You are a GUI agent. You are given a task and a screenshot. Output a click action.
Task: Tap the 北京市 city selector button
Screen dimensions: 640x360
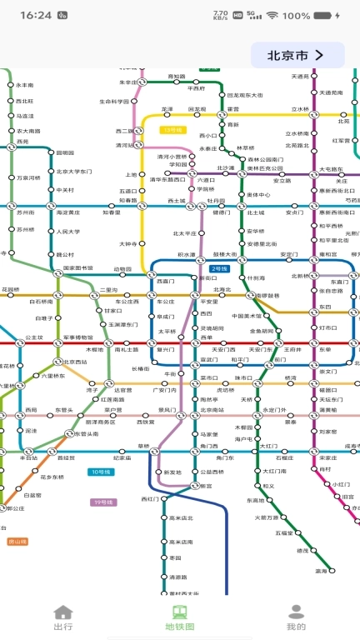click(x=297, y=56)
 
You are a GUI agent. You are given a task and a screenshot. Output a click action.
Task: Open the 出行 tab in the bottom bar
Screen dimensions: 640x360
click(x=63, y=618)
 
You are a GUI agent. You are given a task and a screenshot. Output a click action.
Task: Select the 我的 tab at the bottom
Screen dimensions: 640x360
click(x=296, y=618)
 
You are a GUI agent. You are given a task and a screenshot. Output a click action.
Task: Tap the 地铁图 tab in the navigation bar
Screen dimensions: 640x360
click(x=179, y=618)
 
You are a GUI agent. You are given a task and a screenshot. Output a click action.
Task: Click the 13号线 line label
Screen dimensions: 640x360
click(x=172, y=130)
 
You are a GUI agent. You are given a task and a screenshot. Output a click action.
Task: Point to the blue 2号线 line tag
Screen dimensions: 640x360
click(x=219, y=268)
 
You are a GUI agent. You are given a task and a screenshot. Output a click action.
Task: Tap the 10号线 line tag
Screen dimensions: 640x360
click(x=99, y=472)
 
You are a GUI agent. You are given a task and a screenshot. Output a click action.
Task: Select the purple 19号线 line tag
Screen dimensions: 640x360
click(x=102, y=502)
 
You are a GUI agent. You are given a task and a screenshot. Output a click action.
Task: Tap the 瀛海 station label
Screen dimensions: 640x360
click(x=321, y=572)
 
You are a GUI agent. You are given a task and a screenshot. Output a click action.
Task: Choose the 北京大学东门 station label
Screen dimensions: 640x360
click(x=73, y=172)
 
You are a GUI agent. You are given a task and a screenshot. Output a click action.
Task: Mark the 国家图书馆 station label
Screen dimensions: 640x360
click(x=78, y=268)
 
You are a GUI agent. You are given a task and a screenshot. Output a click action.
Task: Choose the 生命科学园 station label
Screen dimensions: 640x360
click(x=114, y=102)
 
